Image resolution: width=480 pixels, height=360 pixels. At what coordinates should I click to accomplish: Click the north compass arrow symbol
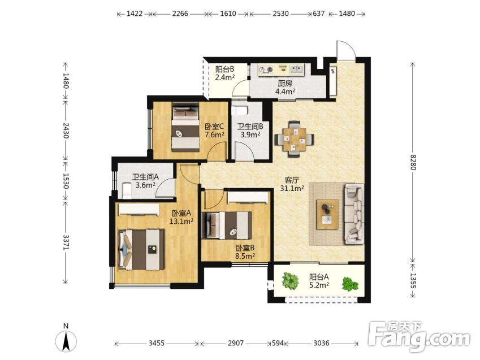[66, 341]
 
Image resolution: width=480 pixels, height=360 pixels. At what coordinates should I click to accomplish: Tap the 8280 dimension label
[413, 162]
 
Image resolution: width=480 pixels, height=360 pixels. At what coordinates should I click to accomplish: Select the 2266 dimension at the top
[180, 14]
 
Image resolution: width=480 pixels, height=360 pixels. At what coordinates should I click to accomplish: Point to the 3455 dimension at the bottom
[157, 343]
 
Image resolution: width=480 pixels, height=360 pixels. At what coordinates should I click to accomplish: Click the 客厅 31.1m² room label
[292, 184]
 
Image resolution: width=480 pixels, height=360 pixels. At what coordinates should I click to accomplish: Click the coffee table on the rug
[327, 214]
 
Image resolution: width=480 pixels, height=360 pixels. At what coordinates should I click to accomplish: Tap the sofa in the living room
[354, 214]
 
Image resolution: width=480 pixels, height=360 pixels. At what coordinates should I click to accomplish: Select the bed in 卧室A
[141, 250]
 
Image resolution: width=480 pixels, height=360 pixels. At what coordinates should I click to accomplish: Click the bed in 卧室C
[185, 127]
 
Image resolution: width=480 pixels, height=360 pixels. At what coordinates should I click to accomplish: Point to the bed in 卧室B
[227, 225]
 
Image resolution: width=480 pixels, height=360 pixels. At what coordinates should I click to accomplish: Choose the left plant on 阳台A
[290, 281]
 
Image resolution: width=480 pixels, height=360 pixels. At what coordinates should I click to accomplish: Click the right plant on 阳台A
[350, 284]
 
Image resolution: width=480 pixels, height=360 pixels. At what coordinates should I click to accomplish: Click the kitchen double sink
[296, 69]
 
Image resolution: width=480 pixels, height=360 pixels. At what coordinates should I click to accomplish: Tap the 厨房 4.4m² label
[285, 87]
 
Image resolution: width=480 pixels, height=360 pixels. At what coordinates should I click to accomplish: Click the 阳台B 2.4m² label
[224, 73]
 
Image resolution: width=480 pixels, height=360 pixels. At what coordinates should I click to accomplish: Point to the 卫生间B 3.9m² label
[250, 131]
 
